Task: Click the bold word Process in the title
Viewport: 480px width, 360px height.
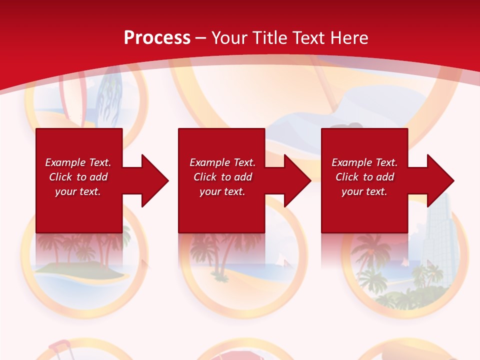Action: click(157, 38)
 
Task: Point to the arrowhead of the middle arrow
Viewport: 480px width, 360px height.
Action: click(296, 180)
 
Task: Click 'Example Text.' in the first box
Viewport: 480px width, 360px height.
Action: click(78, 162)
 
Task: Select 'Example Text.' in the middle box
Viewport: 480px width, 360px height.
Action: click(222, 162)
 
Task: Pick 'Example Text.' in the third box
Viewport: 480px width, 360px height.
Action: click(364, 162)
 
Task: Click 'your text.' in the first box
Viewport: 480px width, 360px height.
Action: click(78, 191)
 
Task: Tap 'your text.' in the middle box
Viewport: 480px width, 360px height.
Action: click(222, 191)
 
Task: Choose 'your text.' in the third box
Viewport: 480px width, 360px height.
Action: click(364, 191)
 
